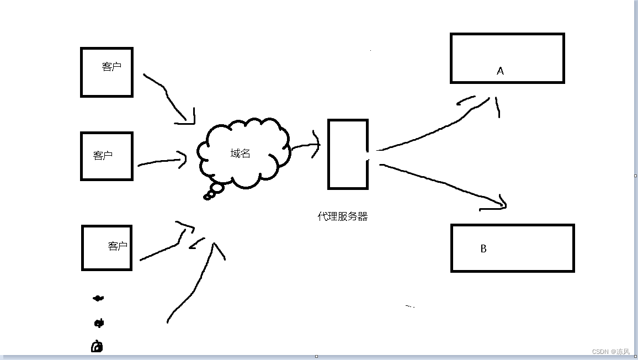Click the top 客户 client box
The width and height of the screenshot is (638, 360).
click(107, 72)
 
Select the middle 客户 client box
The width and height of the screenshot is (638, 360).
click(107, 156)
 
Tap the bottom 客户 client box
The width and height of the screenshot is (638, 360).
click(107, 248)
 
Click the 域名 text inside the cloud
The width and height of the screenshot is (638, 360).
click(240, 153)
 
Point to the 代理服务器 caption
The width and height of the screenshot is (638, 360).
click(342, 216)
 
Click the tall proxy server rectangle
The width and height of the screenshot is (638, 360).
click(348, 154)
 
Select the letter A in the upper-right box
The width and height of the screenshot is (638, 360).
click(501, 71)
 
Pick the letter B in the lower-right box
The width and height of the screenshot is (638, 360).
click(483, 248)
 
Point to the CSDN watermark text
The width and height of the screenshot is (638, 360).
click(610, 352)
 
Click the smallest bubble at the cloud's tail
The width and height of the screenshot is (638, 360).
click(208, 197)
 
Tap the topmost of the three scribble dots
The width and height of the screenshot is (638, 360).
click(98, 298)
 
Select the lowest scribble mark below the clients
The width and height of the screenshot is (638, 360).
click(97, 346)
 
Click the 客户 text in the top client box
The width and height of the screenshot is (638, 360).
click(111, 67)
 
